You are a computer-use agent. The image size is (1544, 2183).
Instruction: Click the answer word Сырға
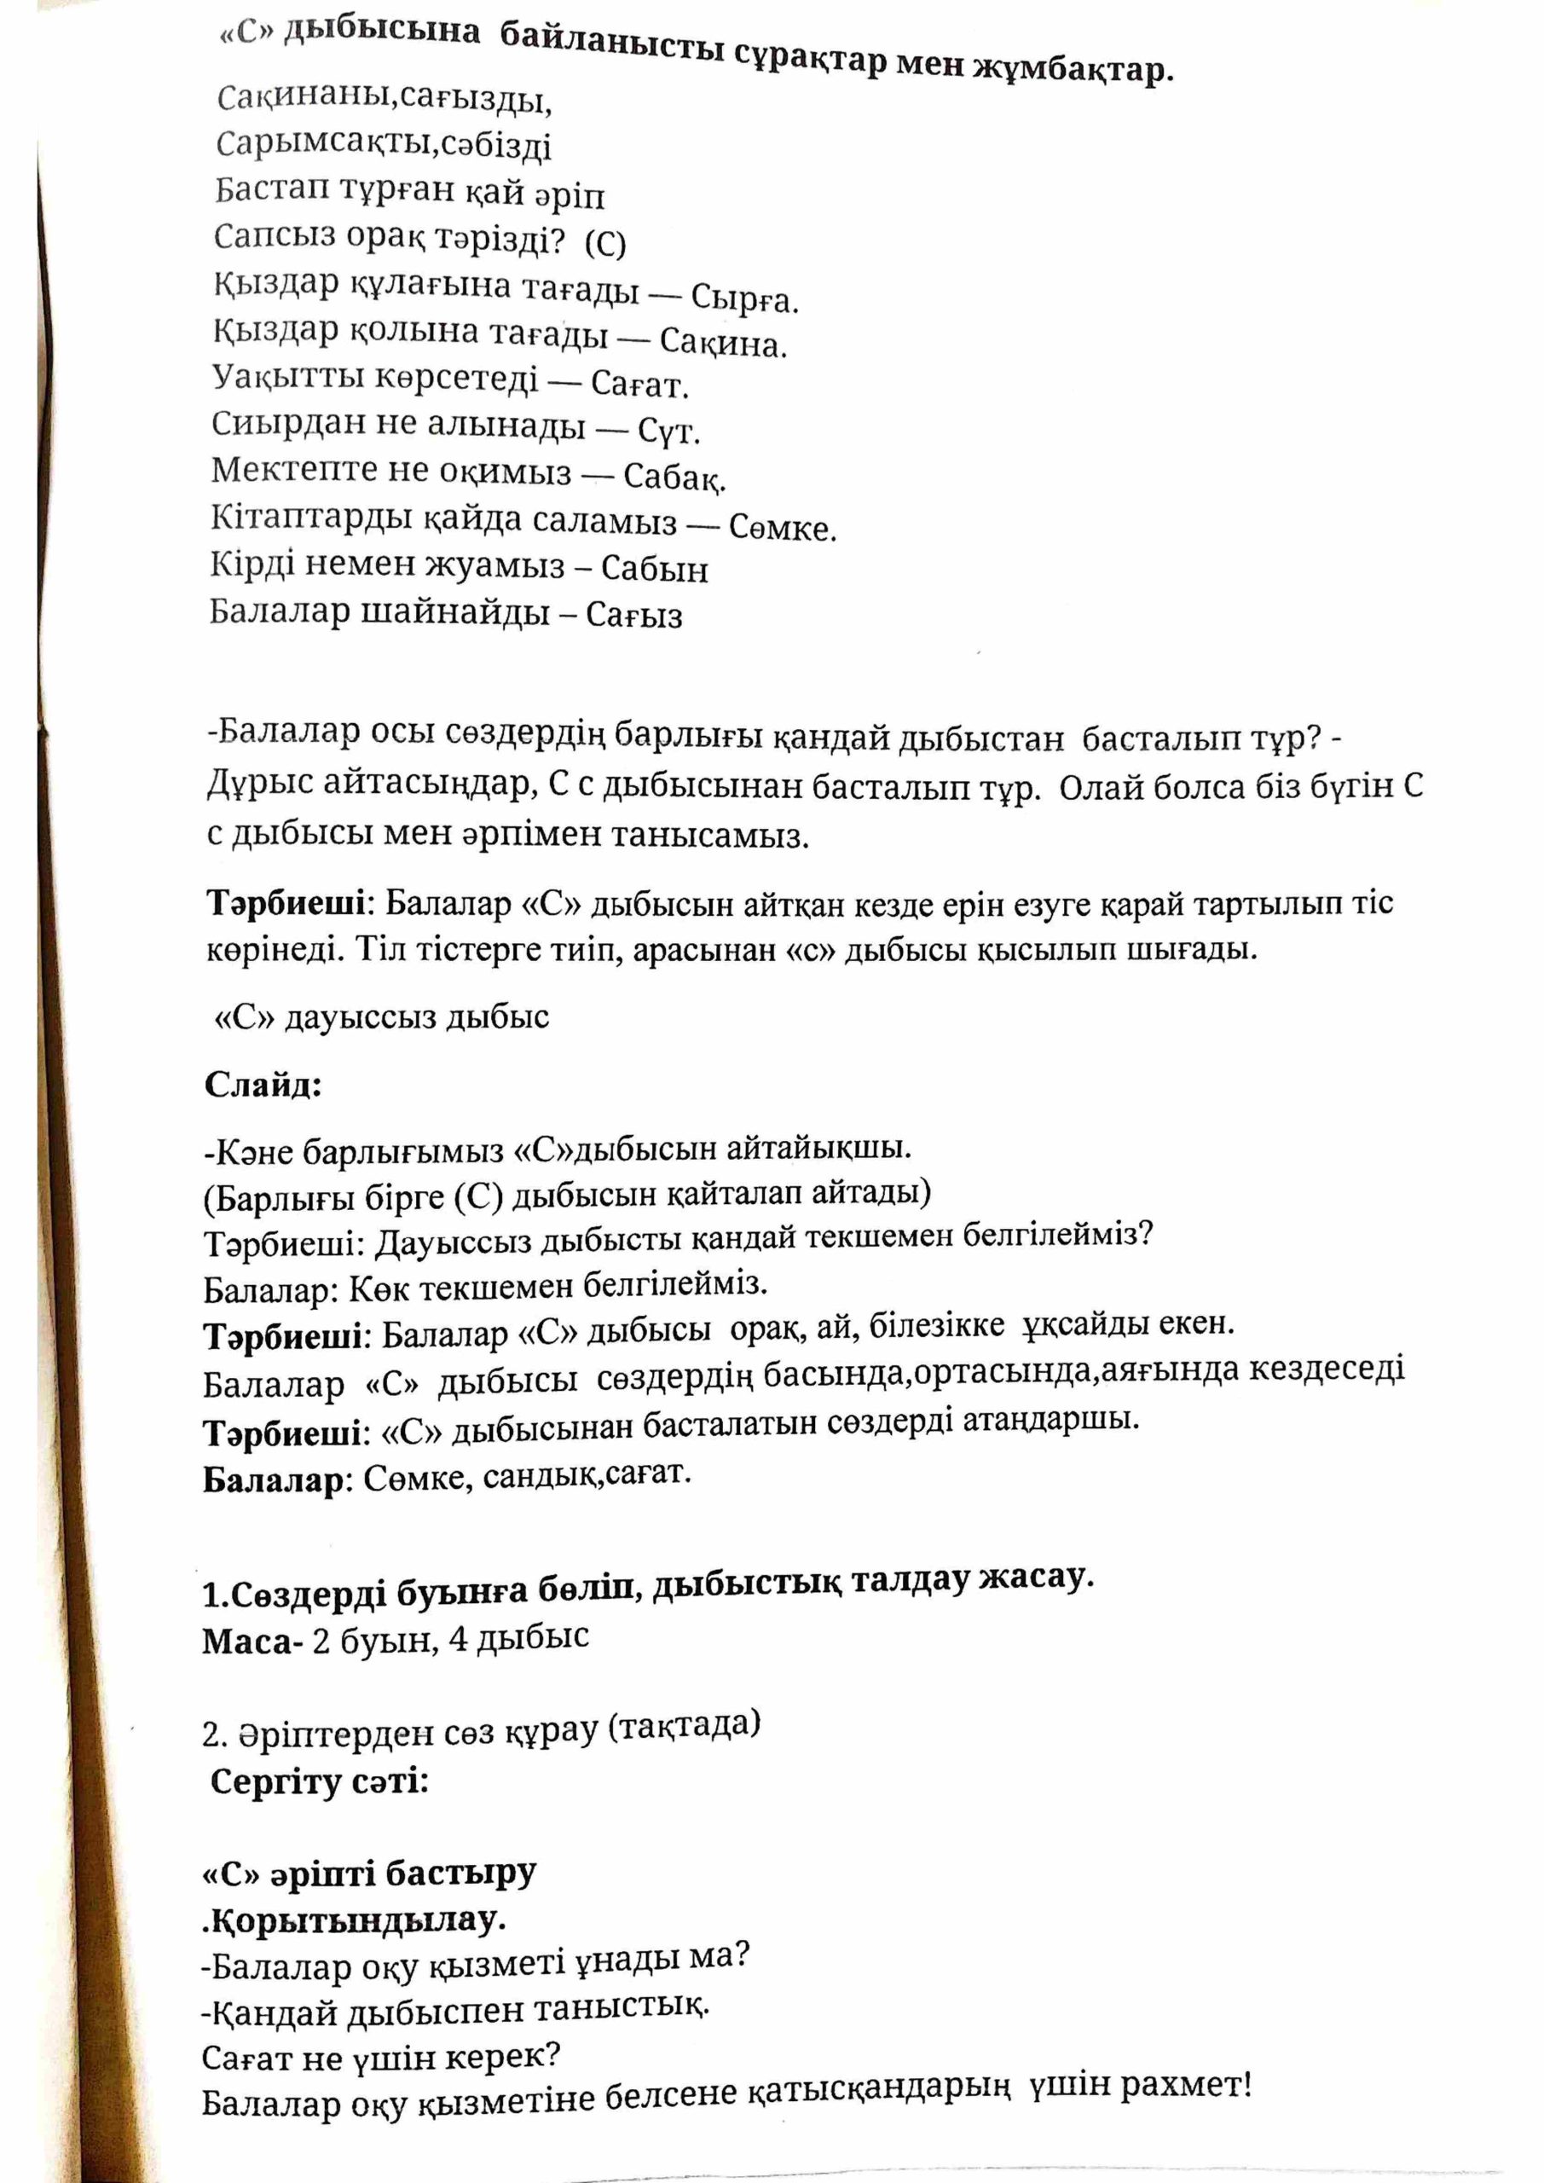743,299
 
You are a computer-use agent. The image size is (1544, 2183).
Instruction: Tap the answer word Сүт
668,431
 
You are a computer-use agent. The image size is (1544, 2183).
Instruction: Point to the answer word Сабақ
674,478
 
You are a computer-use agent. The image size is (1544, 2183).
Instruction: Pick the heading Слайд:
263,1085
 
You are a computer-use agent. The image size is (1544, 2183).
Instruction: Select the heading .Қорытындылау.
353,1920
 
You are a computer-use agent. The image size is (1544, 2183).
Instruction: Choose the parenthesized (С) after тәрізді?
605,245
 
